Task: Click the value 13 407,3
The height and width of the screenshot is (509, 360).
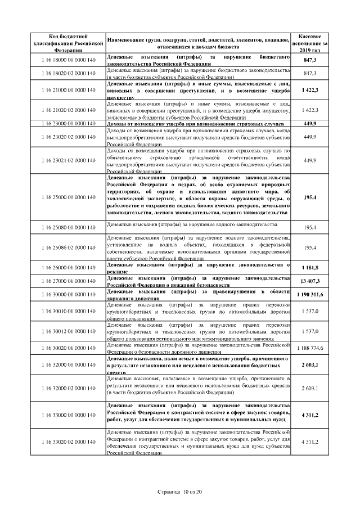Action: coord(310,281)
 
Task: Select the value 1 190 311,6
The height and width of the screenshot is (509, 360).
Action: coord(310,294)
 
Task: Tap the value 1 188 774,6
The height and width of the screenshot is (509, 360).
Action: coord(310,348)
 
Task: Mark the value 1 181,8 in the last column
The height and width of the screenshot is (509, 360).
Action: coord(310,268)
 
